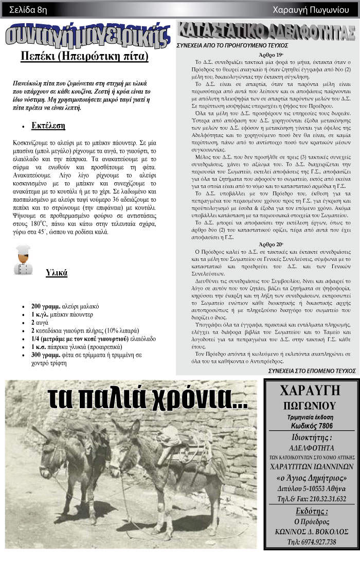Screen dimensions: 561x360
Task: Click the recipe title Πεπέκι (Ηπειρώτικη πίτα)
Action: tap(84, 56)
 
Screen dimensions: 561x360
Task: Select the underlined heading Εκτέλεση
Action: tap(48, 125)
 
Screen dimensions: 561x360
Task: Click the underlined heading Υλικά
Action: tap(57, 273)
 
